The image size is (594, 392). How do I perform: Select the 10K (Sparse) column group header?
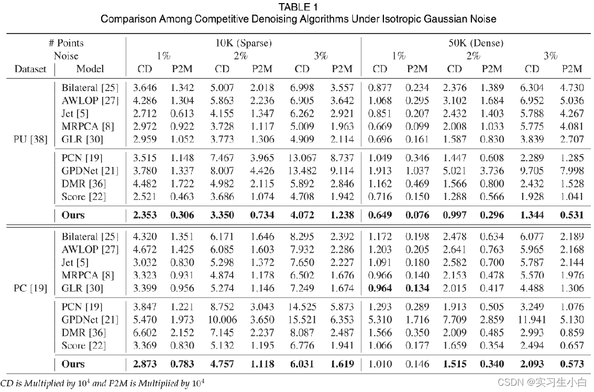click(244, 43)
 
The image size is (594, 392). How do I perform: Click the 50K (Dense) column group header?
click(476, 43)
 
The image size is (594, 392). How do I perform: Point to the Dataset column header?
click(30, 69)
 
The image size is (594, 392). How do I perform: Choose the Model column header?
click(90, 69)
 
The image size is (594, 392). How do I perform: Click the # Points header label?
click(66, 43)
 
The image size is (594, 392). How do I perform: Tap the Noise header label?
click(66, 56)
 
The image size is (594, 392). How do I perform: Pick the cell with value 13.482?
click(302, 171)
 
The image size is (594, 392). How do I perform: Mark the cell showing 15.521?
click(302, 320)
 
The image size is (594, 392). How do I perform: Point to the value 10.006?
click(222, 320)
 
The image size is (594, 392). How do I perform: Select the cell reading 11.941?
click(532, 320)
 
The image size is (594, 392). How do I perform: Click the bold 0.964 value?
click(380, 288)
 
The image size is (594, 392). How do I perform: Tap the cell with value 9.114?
click(343, 171)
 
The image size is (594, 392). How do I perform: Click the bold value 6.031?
click(302, 364)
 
